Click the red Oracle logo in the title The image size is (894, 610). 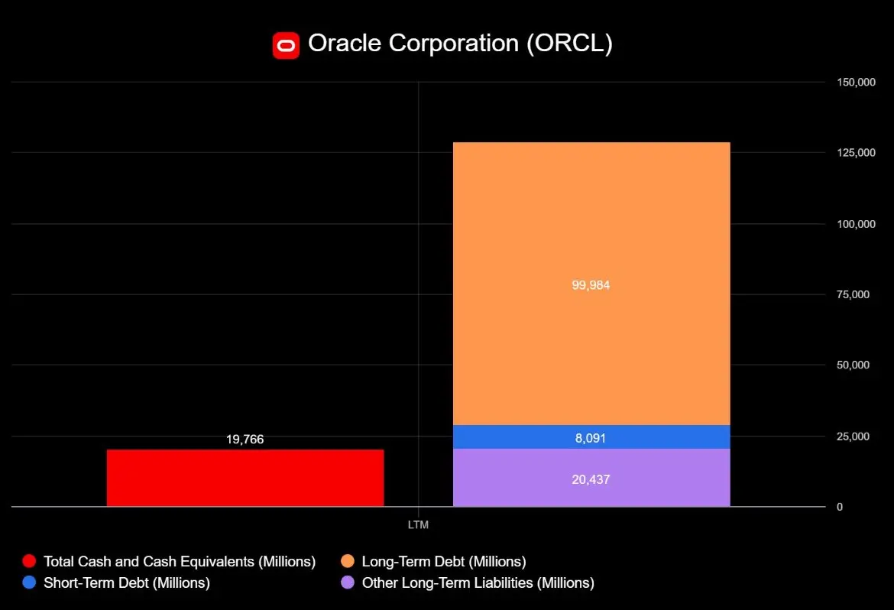286,45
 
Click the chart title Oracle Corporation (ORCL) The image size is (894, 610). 460,44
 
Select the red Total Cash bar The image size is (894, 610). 245,478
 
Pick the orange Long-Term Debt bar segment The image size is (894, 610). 591,229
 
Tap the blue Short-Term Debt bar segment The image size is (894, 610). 591,436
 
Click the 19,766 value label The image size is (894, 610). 245,440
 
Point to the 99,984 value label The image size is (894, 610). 591,285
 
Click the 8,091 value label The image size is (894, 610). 591,438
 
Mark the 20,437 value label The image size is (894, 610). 591,480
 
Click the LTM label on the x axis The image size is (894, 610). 418,525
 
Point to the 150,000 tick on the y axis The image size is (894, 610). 856,83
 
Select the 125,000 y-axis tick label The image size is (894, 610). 856,153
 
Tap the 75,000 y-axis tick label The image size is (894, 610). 854,294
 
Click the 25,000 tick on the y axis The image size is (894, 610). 854,436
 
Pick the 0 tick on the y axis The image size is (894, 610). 840,507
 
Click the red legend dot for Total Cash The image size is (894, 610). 30,562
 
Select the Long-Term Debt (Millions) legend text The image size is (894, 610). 444,562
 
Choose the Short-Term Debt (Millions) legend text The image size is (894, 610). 127,582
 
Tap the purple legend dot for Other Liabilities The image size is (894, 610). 348,582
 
